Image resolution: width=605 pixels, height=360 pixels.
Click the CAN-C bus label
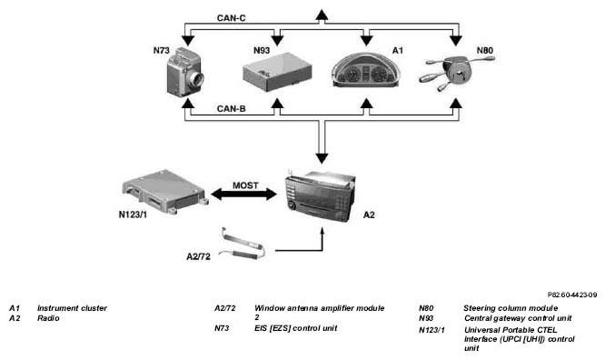(231, 18)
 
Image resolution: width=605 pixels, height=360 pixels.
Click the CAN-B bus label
(231, 109)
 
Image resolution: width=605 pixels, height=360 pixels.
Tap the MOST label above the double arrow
(245, 185)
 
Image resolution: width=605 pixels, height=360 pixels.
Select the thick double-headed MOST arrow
(244, 195)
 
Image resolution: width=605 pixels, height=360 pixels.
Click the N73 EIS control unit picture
(184, 73)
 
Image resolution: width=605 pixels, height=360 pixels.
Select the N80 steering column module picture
(457, 73)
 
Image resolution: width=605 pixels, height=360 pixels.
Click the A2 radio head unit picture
(321, 195)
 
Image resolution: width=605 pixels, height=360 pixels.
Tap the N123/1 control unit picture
(165, 191)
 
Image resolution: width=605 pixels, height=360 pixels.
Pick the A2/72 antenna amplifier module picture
(242, 244)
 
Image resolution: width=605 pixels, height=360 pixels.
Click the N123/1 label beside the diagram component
(133, 215)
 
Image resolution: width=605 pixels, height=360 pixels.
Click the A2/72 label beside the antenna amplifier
(198, 256)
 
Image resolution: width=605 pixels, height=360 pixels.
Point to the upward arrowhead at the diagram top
(322, 15)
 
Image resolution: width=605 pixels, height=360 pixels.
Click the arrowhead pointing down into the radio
(322, 158)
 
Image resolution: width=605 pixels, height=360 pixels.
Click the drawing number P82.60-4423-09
(572, 295)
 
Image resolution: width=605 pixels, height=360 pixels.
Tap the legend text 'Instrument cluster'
(72, 308)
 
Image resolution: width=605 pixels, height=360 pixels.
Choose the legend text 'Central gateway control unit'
(518, 318)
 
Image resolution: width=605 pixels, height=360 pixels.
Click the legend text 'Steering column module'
(511, 308)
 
